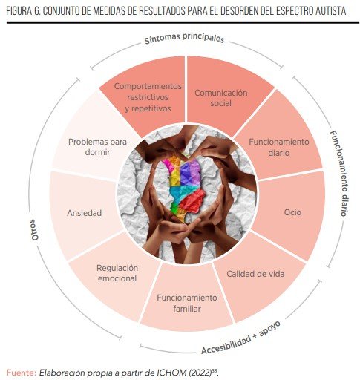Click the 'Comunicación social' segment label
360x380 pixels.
point(221,98)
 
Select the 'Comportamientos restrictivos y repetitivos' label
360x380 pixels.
point(148,97)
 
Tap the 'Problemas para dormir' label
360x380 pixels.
point(97,147)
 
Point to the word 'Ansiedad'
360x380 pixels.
point(84,213)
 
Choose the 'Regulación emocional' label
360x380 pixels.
point(117,273)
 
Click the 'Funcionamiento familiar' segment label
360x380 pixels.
point(187,303)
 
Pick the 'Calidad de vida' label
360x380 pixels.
point(255,274)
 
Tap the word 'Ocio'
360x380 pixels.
point(292,212)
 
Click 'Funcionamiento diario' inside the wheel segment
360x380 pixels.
point(279,147)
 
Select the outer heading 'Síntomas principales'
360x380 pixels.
point(184,39)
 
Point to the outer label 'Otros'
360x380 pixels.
point(34,230)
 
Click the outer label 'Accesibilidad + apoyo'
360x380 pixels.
point(241,338)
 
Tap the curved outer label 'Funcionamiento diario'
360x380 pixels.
point(339,173)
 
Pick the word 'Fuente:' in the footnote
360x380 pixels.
point(22,373)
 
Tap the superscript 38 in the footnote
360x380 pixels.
point(215,370)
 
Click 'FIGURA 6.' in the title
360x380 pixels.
point(23,11)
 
